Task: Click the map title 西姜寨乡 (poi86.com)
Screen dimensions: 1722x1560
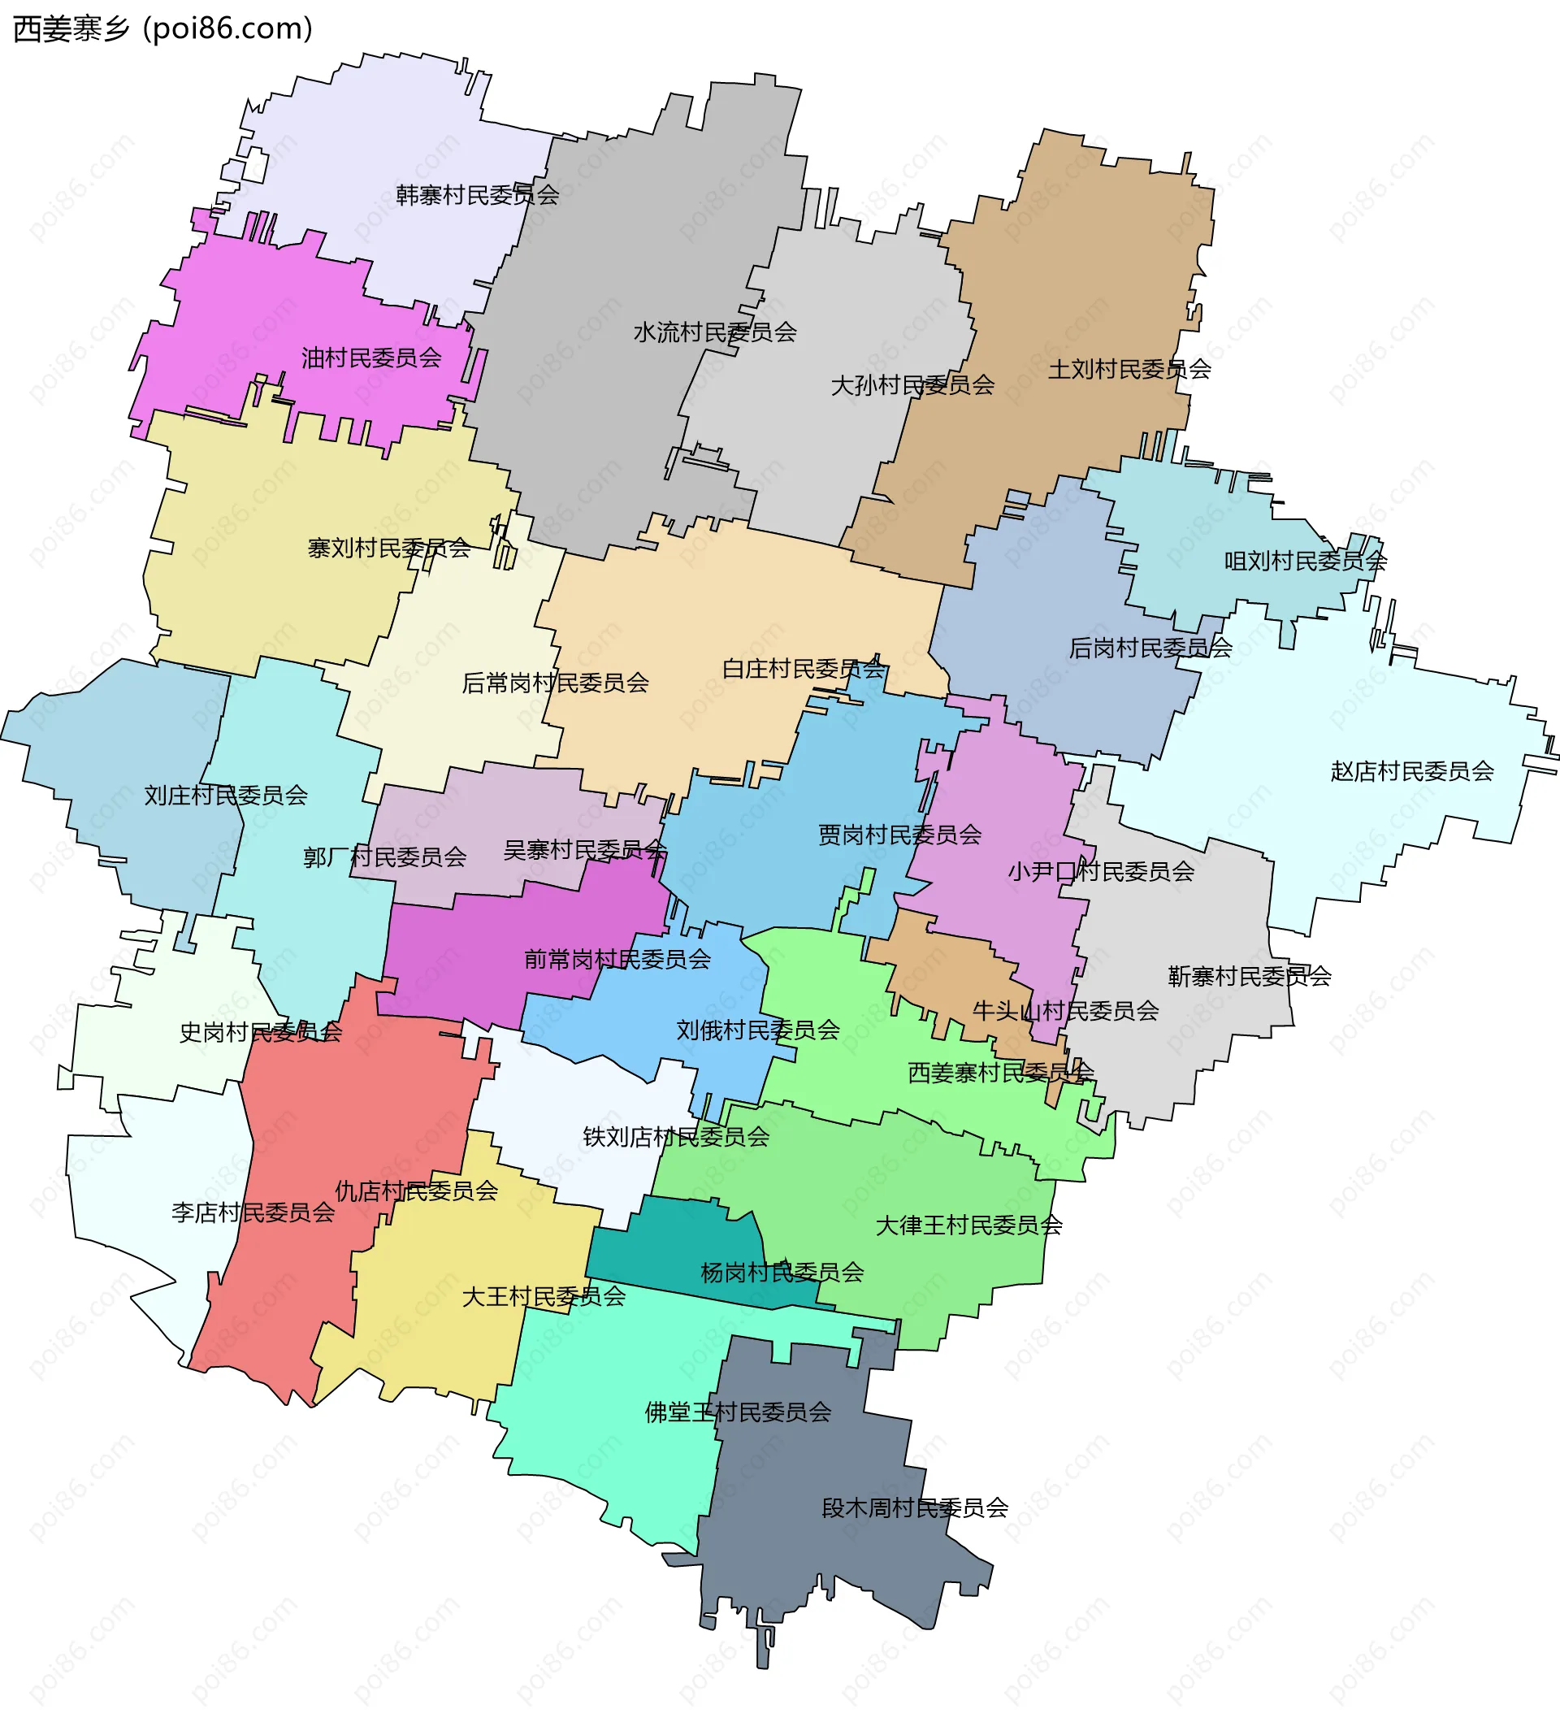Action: pos(163,29)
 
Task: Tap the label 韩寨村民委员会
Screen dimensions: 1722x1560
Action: pos(477,196)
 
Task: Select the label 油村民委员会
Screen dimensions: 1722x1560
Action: pos(371,358)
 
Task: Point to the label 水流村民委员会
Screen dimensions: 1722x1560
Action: pos(715,332)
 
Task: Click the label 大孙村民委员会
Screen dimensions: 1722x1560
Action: pos(912,385)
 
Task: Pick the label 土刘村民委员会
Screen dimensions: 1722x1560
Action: pos(1129,369)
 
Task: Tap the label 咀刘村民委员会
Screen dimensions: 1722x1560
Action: pos(1306,562)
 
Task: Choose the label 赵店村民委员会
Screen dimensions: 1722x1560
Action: pos(1412,771)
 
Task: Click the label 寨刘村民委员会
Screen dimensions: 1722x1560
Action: pos(389,549)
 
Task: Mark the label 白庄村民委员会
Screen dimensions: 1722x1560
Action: pos(804,669)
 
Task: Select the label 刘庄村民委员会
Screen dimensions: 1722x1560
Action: pos(226,796)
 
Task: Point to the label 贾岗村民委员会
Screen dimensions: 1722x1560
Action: pos(900,835)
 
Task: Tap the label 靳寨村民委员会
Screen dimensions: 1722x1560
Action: pos(1249,976)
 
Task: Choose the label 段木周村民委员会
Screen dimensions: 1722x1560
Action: pos(915,1507)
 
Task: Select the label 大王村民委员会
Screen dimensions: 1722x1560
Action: pos(544,1297)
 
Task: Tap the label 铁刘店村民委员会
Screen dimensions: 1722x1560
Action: pos(676,1137)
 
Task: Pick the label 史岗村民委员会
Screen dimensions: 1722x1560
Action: pos(261,1032)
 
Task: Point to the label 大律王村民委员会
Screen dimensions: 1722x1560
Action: pos(969,1225)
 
